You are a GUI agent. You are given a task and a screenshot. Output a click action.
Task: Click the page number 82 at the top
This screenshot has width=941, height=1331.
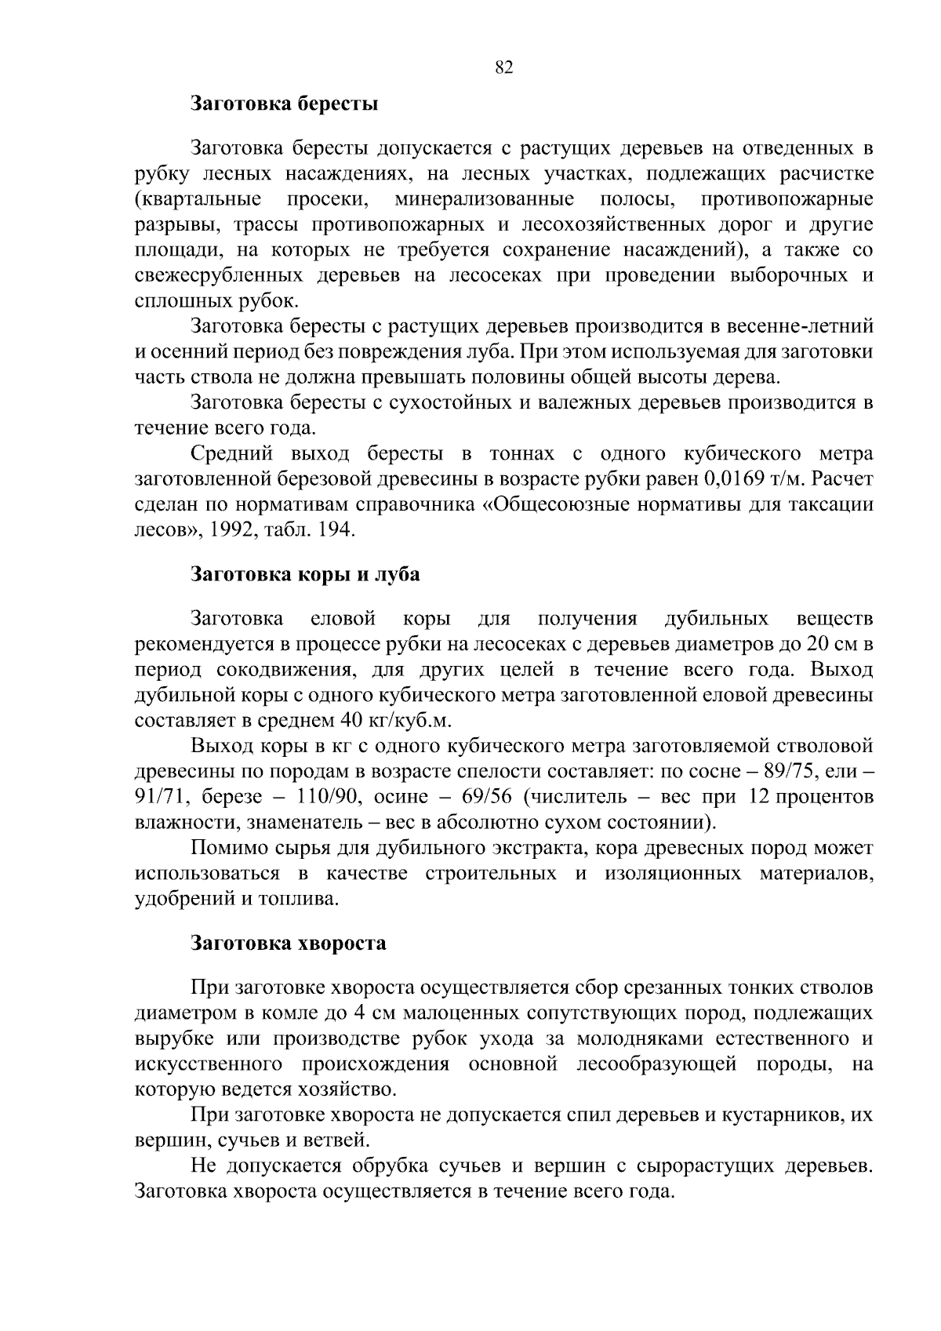coord(504,67)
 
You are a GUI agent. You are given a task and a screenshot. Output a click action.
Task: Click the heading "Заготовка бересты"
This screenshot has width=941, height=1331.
coord(285,104)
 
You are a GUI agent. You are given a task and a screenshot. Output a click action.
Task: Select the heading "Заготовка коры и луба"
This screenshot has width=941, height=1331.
coord(306,574)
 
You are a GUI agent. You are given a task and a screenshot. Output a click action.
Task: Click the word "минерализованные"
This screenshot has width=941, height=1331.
coord(484,199)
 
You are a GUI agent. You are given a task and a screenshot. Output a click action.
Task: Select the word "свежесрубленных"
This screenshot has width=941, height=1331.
coord(219,276)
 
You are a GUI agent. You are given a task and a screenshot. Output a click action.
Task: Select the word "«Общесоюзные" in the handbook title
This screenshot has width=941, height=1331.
coord(546,504)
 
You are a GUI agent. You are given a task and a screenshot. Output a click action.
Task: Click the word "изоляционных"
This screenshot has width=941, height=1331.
coord(672,874)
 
